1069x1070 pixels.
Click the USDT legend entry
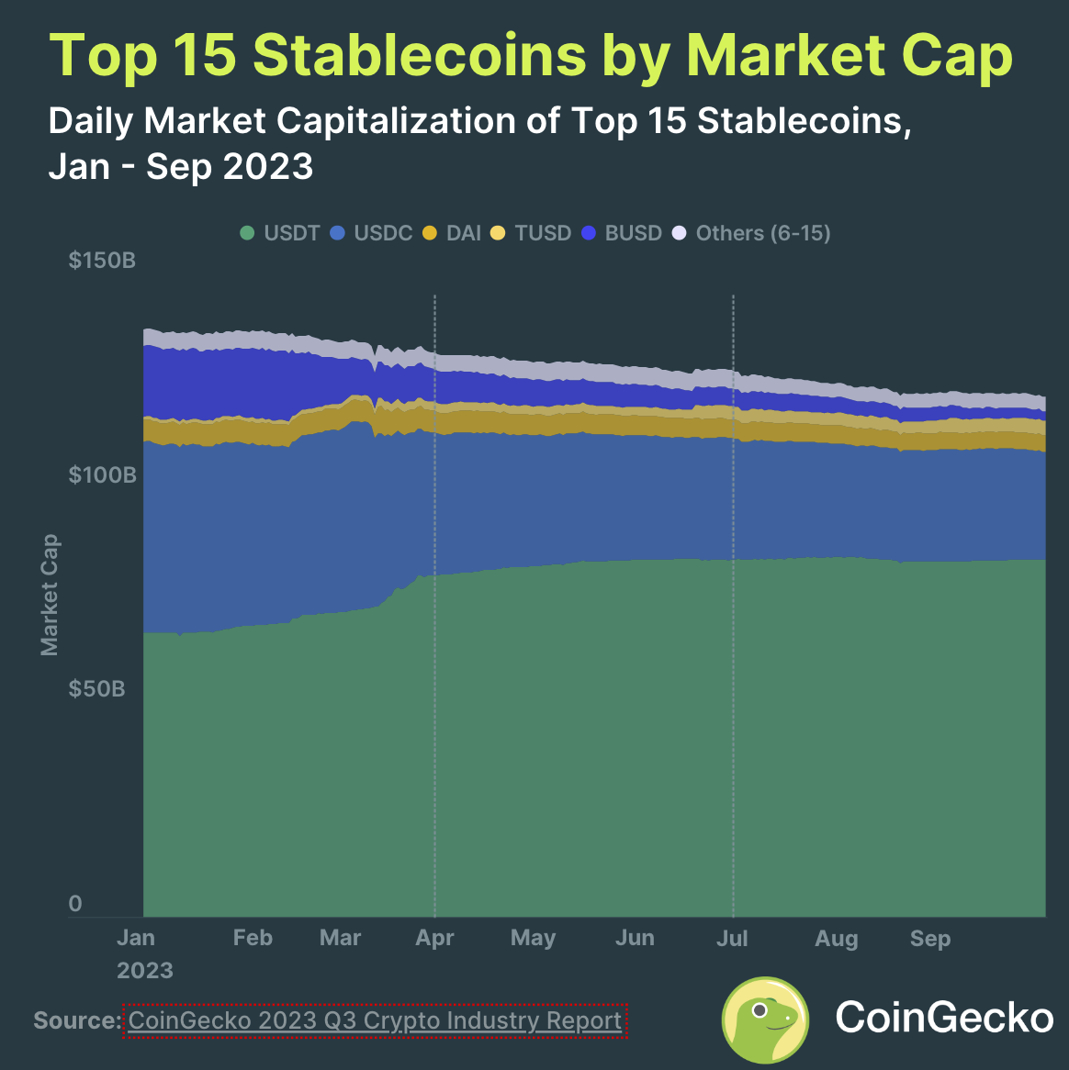click(281, 233)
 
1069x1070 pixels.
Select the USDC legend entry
click(372, 233)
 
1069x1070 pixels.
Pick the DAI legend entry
click(453, 233)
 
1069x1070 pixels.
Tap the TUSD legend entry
click(532, 233)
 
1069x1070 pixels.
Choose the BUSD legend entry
click(623, 233)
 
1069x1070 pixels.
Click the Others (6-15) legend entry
click(752, 233)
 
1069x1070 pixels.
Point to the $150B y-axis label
click(102, 261)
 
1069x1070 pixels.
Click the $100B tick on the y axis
click(102, 475)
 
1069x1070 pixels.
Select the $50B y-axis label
click(96, 689)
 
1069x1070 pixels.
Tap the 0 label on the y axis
click(75, 904)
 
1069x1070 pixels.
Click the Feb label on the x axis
click(253, 938)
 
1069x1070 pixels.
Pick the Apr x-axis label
click(434, 938)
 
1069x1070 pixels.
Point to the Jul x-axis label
click(732, 938)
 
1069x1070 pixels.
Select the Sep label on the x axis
click(929, 938)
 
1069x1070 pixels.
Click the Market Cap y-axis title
click(50, 595)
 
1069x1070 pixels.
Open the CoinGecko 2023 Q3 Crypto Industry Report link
click(375, 1020)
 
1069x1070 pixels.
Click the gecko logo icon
click(765, 1020)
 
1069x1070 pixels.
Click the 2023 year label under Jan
click(145, 971)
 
